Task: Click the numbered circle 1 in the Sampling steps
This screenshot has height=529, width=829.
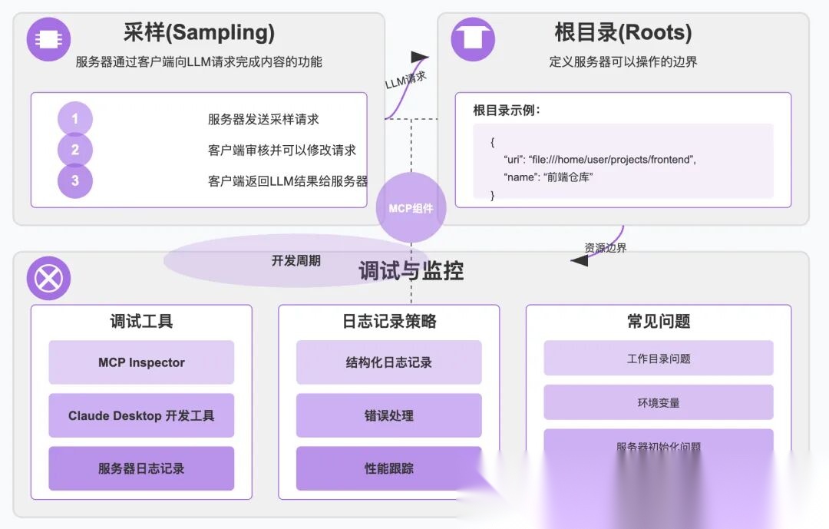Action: (x=75, y=119)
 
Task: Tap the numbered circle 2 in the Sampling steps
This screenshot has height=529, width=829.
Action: (x=75, y=150)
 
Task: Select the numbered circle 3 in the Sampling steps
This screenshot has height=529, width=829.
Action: (x=75, y=181)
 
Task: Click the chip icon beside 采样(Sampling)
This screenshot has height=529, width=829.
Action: (x=48, y=39)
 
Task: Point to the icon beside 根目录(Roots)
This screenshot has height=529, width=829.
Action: (x=472, y=39)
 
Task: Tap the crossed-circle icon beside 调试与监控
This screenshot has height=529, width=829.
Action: (x=48, y=278)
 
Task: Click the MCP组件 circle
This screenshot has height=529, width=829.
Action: (x=411, y=208)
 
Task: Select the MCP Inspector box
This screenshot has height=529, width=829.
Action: (x=141, y=362)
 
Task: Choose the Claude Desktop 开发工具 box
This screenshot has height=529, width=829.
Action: (x=141, y=415)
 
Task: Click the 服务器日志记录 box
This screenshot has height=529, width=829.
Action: (x=141, y=468)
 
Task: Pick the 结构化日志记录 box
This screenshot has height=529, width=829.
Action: (x=389, y=362)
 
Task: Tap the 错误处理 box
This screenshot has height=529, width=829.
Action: (x=389, y=415)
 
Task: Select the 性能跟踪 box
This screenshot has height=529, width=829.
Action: (x=389, y=468)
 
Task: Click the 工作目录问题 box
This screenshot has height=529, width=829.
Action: (x=659, y=359)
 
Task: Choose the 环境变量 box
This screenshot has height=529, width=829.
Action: (x=659, y=402)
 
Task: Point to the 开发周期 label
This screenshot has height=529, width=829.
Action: (x=296, y=261)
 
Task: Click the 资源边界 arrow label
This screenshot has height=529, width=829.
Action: (x=606, y=248)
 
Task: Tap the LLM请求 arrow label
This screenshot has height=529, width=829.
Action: (x=405, y=80)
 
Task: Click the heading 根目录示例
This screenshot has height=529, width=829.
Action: (x=507, y=110)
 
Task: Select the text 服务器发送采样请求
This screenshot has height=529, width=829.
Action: (x=263, y=119)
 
